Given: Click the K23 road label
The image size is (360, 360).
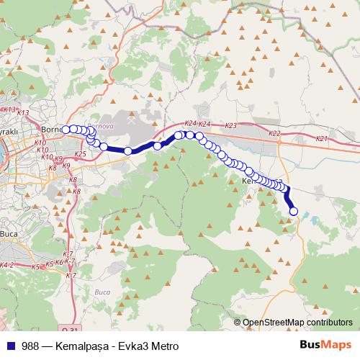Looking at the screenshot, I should pos(230,126).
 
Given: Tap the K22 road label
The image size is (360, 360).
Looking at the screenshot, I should pos(274,134).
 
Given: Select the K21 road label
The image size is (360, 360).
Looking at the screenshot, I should pos(322,138).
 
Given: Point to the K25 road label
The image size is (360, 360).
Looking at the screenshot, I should pos(80,154).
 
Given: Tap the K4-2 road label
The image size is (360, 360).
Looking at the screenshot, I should pos(8,266).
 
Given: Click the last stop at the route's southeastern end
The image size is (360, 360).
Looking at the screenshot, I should pos(293,211).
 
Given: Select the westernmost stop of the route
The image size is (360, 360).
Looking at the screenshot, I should pos(66,130).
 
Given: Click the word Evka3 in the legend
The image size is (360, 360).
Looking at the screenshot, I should pos(135,346).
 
